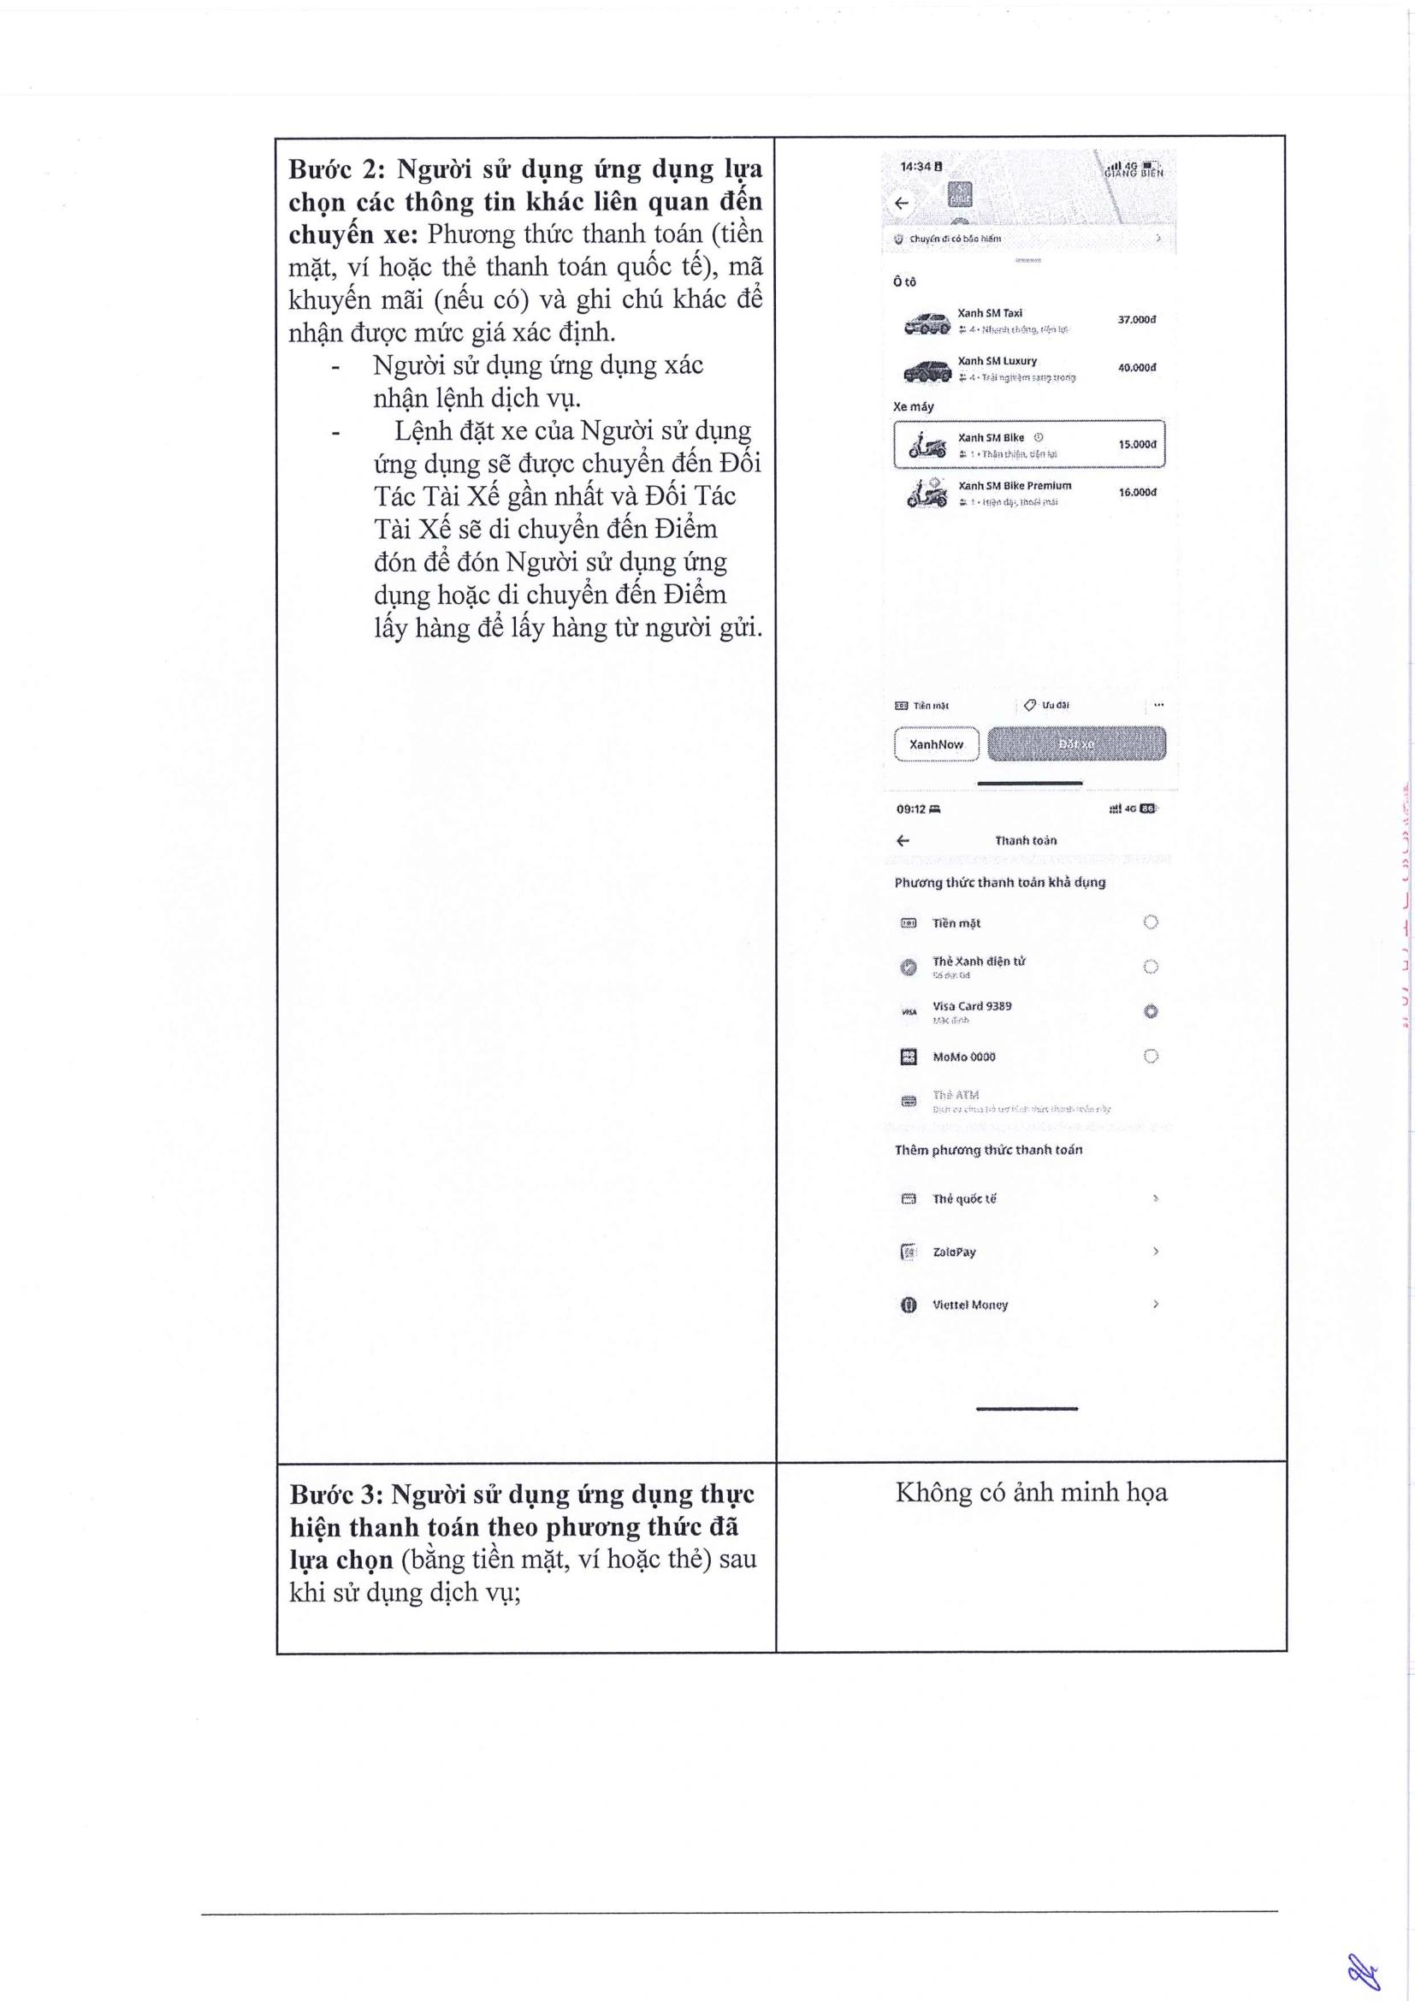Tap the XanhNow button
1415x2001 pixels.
936,744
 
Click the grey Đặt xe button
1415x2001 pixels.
1076,744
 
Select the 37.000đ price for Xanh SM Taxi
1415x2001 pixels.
1136,320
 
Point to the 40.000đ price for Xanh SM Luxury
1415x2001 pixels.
1136,368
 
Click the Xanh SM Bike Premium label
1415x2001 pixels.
1015,485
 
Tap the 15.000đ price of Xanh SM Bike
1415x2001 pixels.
1137,445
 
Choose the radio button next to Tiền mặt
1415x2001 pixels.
1150,922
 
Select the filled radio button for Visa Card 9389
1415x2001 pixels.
1150,1011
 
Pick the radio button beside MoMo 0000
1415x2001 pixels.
1150,1057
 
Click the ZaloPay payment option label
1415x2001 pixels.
954,1252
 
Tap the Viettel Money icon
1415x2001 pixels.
908,1305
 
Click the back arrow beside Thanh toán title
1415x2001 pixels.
903,840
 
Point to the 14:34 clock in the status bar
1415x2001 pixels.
915,167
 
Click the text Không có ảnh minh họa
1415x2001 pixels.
1031,1493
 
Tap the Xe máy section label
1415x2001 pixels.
913,406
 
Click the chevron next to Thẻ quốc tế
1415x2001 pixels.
1155,1199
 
